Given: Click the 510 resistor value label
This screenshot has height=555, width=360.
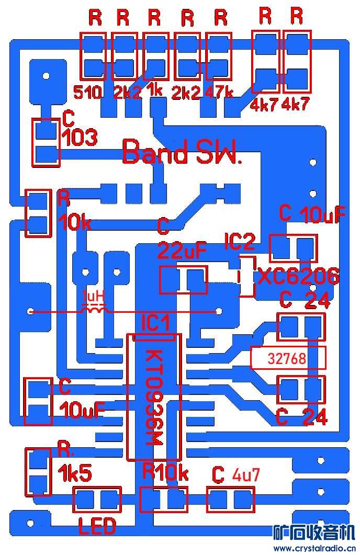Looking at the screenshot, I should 87,93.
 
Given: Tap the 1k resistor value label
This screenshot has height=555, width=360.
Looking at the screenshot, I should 155,90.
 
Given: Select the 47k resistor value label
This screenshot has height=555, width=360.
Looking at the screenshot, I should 220,93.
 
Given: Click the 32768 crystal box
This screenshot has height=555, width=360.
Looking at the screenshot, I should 287,359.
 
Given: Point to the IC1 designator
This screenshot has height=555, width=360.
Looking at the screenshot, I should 156,323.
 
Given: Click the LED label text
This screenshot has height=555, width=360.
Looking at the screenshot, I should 97,526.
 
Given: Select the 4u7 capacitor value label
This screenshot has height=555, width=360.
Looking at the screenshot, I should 245,475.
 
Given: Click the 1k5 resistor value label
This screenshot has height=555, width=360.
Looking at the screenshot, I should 75,474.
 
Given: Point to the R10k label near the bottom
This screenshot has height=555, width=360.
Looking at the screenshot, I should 165,473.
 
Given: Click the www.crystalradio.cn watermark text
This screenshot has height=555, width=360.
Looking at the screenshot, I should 314,548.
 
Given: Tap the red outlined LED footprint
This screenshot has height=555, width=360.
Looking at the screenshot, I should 97,500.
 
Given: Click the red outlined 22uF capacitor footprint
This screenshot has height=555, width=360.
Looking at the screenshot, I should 183,280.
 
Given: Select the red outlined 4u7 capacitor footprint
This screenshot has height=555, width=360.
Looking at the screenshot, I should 231,500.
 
